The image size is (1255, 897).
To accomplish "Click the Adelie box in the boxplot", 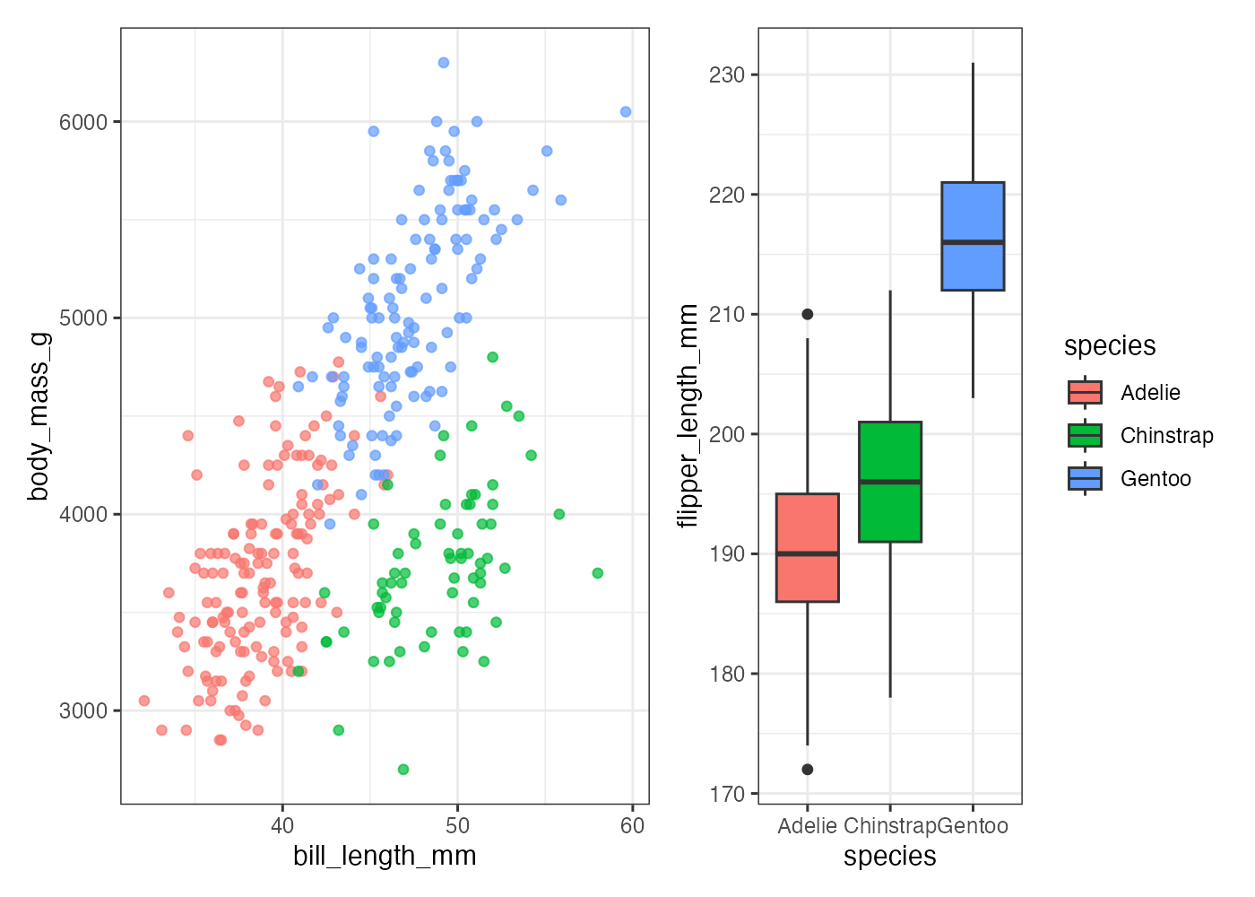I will pyautogui.click(x=807, y=547).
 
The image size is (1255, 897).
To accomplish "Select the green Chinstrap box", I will pyautogui.click(x=890, y=482).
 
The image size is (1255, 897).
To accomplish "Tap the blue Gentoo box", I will pyautogui.click(x=973, y=236).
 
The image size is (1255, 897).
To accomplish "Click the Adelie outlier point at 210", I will pyautogui.click(x=808, y=314).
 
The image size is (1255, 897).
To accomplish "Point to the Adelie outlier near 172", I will pyautogui.click(x=808, y=770).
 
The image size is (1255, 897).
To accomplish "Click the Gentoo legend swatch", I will pyautogui.click(x=1085, y=479).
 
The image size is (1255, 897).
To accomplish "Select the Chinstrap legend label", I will pyautogui.click(x=1166, y=436).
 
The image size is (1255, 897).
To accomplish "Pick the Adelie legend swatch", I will pyautogui.click(x=1085, y=393).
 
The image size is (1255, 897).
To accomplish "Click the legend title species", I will pyautogui.click(x=1110, y=346).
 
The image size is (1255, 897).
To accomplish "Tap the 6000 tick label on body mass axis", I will pyautogui.click(x=83, y=122).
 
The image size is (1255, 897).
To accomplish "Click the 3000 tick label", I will pyautogui.click(x=83, y=711).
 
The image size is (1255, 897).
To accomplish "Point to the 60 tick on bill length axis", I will pyautogui.click(x=632, y=826).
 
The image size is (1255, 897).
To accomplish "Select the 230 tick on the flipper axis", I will pyautogui.click(x=727, y=75).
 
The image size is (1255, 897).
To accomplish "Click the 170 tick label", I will pyautogui.click(x=727, y=794).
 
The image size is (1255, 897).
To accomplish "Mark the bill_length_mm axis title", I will pyautogui.click(x=385, y=857).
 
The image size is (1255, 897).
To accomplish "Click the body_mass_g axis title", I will pyautogui.click(x=39, y=416).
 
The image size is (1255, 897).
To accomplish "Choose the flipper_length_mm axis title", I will pyautogui.click(x=688, y=416).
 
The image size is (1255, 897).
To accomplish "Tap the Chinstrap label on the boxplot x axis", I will pyautogui.click(x=889, y=826).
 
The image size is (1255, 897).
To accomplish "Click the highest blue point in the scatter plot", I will pyautogui.click(x=444, y=63).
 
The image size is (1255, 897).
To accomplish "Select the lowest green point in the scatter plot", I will pyautogui.click(x=403, y=770).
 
